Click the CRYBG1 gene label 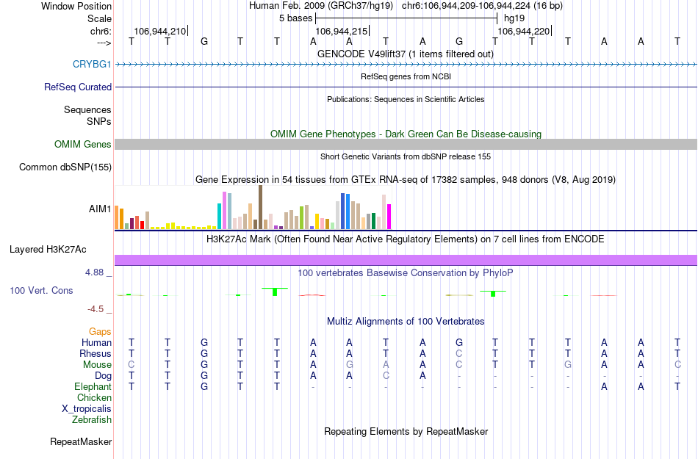coord(92,64)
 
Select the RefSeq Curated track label coord(78,87)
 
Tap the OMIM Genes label coord(83,145)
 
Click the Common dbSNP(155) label coord(65,167)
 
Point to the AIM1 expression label coord(100,209)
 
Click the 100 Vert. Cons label coord(41,291)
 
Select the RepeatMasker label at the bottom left coord(81,442)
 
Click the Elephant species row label coord(93,386)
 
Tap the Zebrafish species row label coord(92,420)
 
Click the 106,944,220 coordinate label coord(523,32)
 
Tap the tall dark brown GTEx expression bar coord(260,208)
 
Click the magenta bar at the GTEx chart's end coord(389,217)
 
